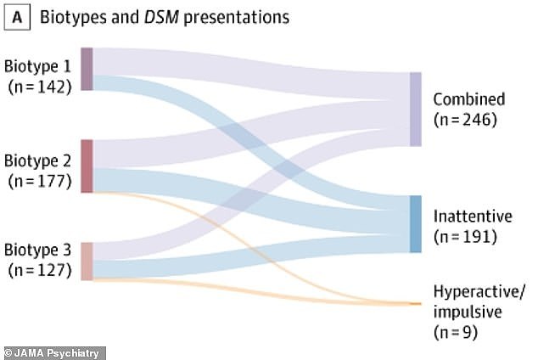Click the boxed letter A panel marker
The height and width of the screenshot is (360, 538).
pos(17,18)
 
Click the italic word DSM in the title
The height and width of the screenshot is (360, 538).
pos(161,17)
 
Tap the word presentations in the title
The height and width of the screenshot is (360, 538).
pos(237,18)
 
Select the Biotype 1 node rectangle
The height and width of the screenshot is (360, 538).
pos(87,69)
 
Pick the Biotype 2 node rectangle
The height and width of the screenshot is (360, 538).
pos(87,166)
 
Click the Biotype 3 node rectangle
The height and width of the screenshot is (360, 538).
pos(87,262)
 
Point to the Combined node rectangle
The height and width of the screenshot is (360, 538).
pos(416,110)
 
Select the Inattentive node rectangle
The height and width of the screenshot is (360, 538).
pos(416,224)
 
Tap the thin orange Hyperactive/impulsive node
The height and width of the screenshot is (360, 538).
pos(416,304)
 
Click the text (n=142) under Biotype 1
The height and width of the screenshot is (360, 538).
pos(40,87)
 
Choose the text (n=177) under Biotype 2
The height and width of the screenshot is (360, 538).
pos(40,181)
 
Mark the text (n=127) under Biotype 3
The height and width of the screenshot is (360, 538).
pos(40,271)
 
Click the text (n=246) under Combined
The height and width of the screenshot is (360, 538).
pos(465,120)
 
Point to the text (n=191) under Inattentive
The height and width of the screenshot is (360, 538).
pos(465,237)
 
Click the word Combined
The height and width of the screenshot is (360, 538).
pos(469,99)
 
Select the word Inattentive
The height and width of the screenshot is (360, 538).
pos(473,217)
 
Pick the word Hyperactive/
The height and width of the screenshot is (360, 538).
pos(479,292)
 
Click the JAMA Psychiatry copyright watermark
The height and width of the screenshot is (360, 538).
pos(52,353)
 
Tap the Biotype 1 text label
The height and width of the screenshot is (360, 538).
pos(37,66)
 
